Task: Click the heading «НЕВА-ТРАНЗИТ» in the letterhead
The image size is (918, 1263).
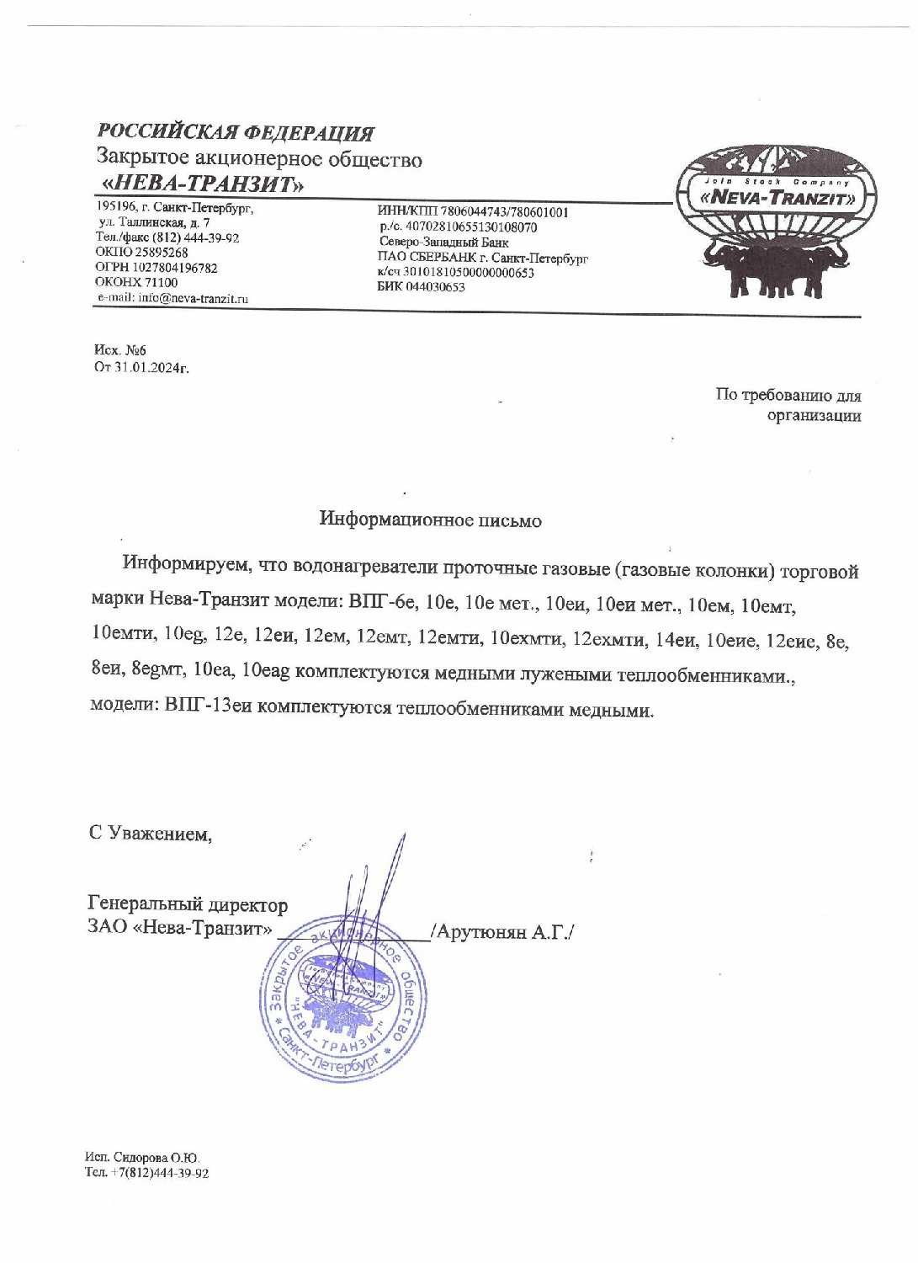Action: pyautogui.click(x=203, y=184)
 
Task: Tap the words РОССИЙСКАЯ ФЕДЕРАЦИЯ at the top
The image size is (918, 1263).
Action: pyautogui.click(x=236, y=132)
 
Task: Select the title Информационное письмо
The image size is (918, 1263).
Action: pyautogui.click(x=430, y=520)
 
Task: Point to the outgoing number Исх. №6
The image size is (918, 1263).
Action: pyautogui.click(x=120, y=350)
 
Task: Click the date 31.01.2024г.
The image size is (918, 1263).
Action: pyautogui.click(x=151, y=367)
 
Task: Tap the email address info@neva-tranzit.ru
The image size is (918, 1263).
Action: pyautogui.click(x=193, y=298)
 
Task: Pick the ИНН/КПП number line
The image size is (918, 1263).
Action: pyautogui.click(x=473, y=212)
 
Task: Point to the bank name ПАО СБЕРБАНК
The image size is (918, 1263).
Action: pyautogui.click(x=427, y=258)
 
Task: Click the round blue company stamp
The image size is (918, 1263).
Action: pyautogui.click(x=342, y=999)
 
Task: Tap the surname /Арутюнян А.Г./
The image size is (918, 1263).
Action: pyautogui.click(x=502, y=932)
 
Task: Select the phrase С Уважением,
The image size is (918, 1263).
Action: pyautogui.click(x=151, y=834)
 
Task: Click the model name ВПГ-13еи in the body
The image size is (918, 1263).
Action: pyautogui.click(x=208, y=706)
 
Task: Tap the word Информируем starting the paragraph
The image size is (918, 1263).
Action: pyautogui.click(x=187, y=563)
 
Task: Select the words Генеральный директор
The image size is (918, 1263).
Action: pyautogui.click(x=188, y=904)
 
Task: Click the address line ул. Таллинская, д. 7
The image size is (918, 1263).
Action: pyautogui.click(x=154, y=222)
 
